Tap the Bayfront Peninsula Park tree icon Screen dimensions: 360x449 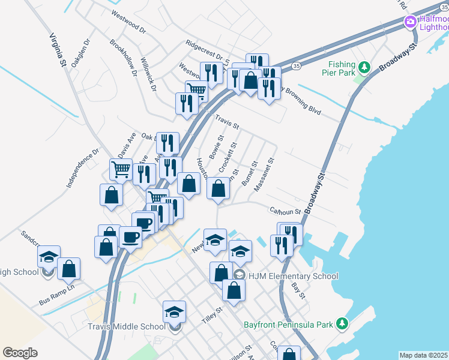coord(342,324)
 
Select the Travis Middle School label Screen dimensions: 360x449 coord(126,326)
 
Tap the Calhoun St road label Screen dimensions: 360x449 coord(285,211)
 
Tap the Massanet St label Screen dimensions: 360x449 coord(264,175)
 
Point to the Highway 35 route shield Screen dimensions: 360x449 coord(297,65)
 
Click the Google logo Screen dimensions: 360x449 coord(20,353)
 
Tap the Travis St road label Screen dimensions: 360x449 coord(227,122)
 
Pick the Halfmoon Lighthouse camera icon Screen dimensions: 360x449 coord(411,23)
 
